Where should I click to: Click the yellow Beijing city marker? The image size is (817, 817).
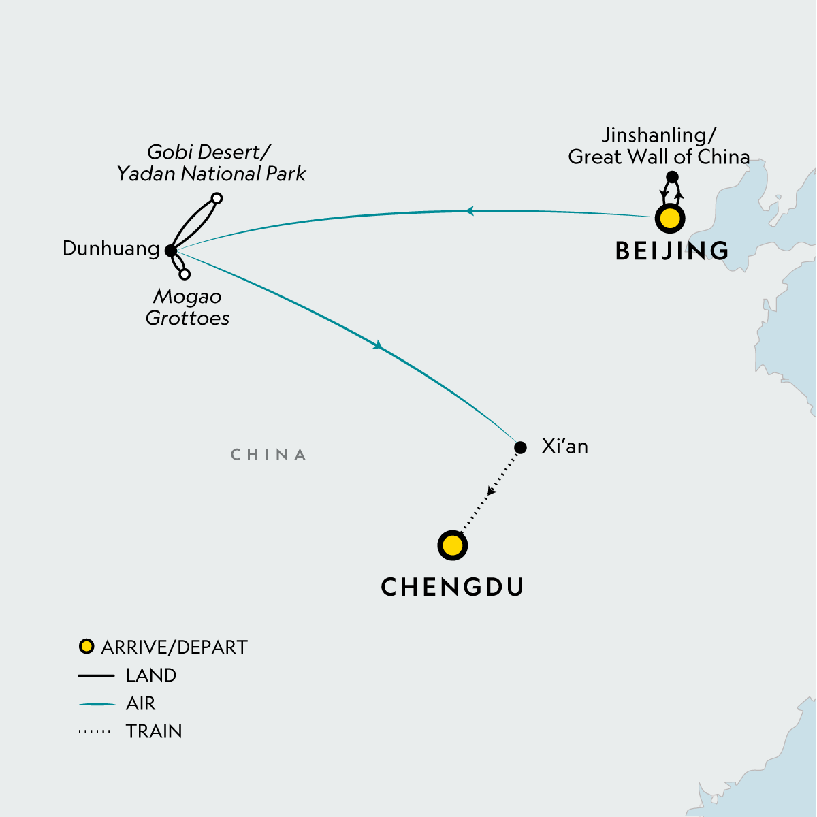[x=669, y=219]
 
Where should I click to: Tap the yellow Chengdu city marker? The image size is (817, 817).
[x=453, y=545]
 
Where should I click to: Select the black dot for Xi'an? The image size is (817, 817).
[x=520, y=447]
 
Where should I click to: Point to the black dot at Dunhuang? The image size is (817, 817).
[x=171, y=251]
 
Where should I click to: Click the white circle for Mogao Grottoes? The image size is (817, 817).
[x=185, y=274]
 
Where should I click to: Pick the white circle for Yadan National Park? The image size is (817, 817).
[x=217, y=198]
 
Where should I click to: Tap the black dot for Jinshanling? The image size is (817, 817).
[x=672, y=177]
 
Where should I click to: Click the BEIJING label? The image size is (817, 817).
[x=672, y=251]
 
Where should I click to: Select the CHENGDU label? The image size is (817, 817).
[x=453, y=587]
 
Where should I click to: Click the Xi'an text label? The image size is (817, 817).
[x=564, y=447]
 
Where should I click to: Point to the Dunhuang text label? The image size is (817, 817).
[x=111, y=249]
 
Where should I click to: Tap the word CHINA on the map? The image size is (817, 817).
[x=268, y=455]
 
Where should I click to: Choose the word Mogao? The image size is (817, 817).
[x=187, y=297]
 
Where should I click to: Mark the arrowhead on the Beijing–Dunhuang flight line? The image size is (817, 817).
[x=468, y=212]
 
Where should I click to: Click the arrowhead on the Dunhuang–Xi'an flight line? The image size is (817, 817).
[x=378, y=346]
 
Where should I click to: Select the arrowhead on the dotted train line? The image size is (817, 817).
[x=492, y=490]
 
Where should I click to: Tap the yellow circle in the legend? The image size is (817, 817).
[x=86, y=646]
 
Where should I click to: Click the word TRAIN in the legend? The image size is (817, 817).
[x=154, y=731]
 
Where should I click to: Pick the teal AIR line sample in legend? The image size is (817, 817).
[x=97, y=704]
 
